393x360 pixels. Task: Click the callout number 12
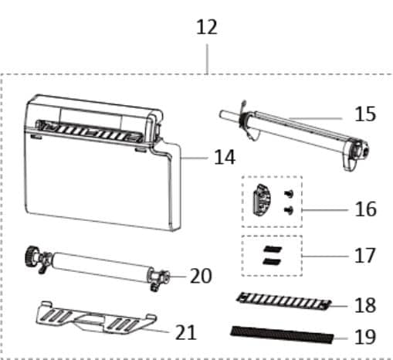click(x=207, y=27)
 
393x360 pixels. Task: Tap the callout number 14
click(x=225, y=157)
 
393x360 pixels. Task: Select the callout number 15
click(x=365, y=114)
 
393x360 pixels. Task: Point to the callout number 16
click(x=365, y=209)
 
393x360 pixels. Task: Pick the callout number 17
click(x=365, y=256)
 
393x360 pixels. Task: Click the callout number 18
click(x=365, y=305)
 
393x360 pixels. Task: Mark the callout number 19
click(x=365, y=337)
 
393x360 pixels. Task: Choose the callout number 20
click(x=201, y=276)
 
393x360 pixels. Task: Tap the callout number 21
click(x=186, y=332)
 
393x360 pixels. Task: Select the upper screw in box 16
click(x=289, y=193)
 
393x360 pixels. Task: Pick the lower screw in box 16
click(x=289, y=210)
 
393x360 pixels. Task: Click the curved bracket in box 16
click(x=262, y=200)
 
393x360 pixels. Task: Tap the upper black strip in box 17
click(x=273, y=250)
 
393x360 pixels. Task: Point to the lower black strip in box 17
click(x=272, y=262)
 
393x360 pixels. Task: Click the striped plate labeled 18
click(x=283, y=301)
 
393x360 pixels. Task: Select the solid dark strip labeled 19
click(x=282, y=335)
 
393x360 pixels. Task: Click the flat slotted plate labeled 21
click(x=96, y=319)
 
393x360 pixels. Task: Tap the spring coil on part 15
click(x=242, y=120)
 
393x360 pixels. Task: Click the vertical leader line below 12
click(x=207, y=59)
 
